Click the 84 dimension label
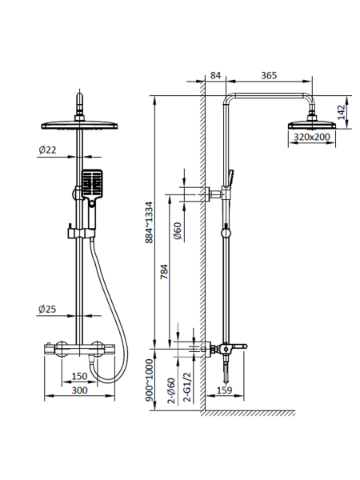pos(215,75)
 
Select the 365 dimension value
pos(269,75)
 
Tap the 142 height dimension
pos(342,112)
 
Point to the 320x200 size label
pos(312,137)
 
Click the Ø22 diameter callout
pos(47,150)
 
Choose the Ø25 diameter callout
pos(47,309)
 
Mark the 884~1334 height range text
pos(149,222)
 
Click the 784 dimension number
pos(164,271)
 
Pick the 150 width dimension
pos(79,376)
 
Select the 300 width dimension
pos(79,390)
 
